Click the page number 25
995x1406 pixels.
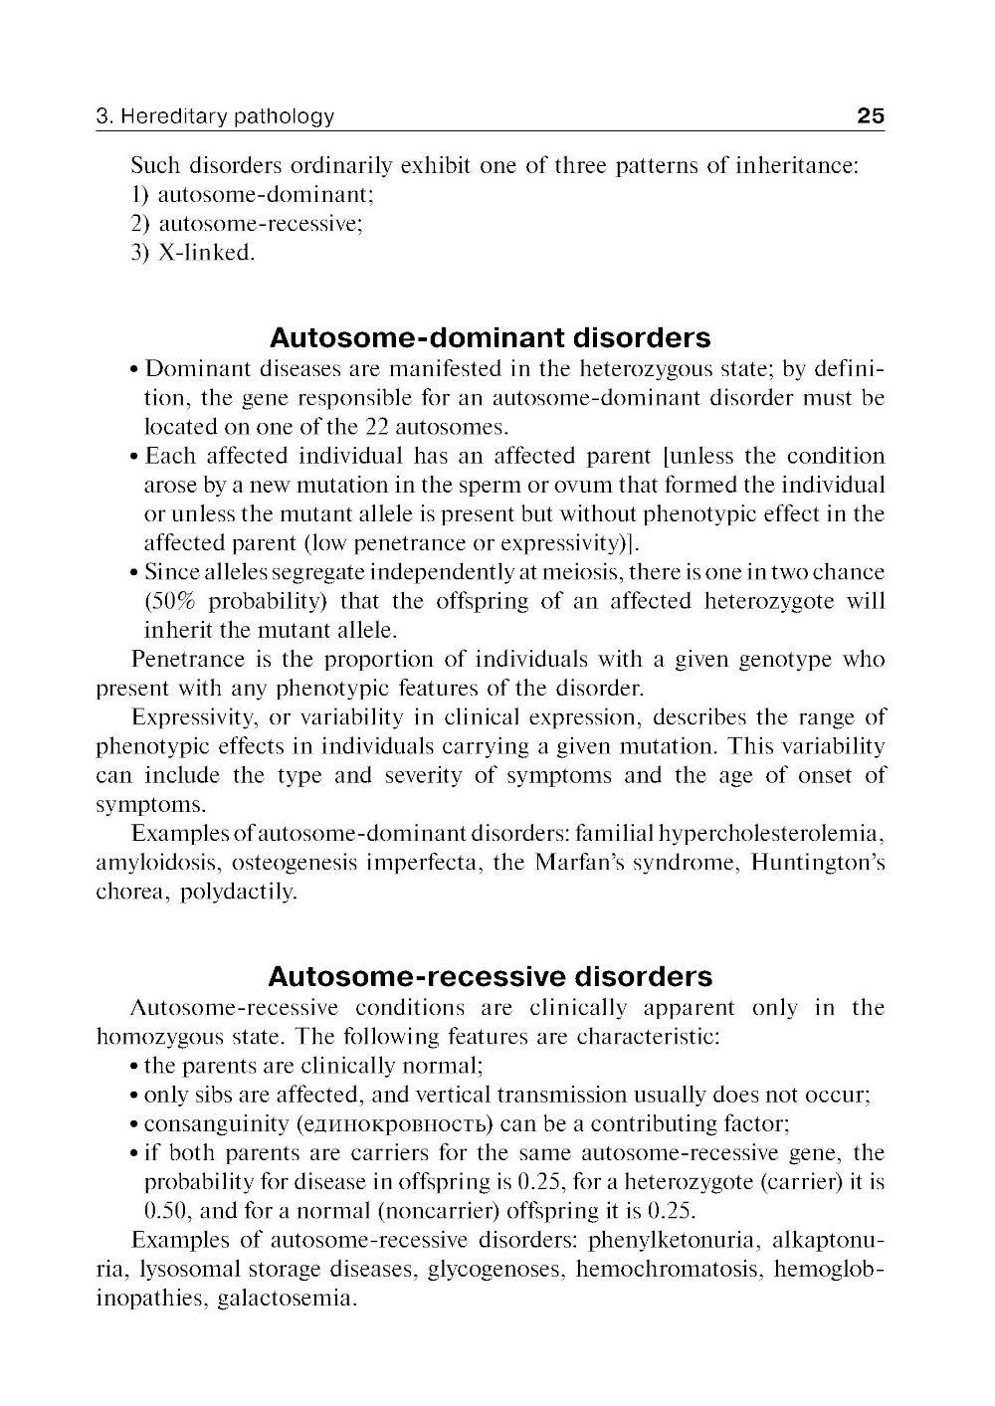870,116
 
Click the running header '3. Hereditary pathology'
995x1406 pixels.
215,117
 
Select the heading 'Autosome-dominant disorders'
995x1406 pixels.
491,337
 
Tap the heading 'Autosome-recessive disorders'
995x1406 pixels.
491,975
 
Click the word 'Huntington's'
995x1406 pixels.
818,863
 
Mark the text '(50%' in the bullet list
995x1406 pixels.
168,602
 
